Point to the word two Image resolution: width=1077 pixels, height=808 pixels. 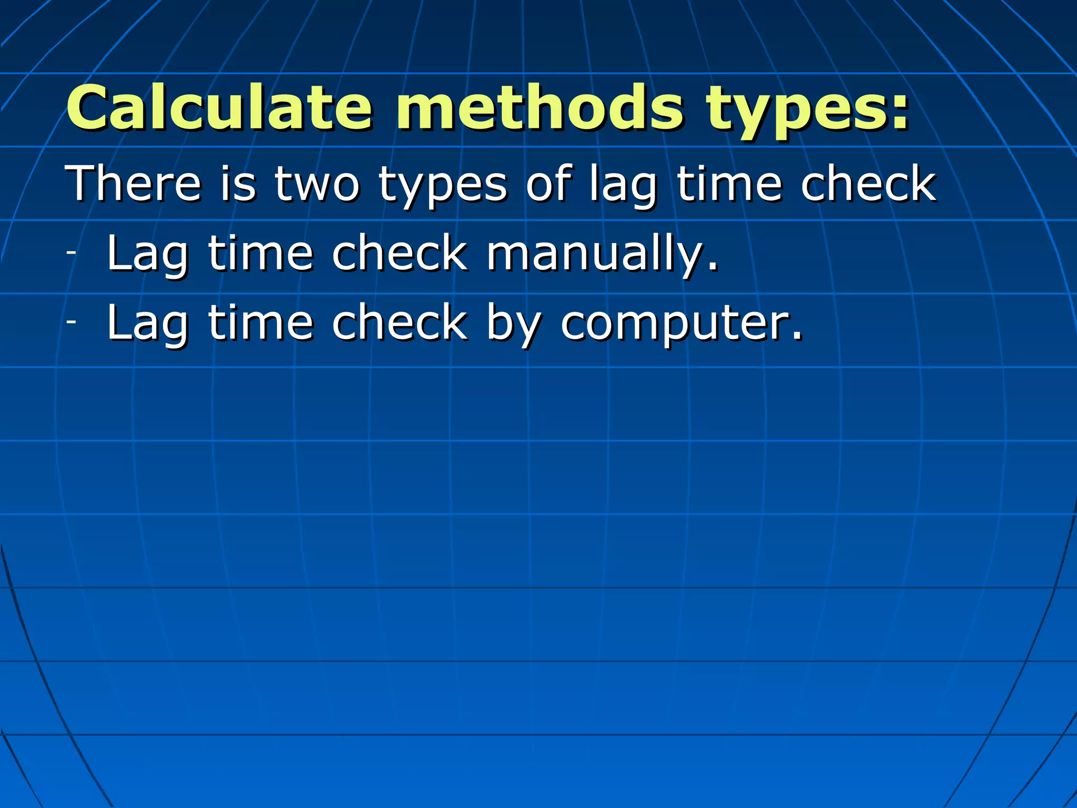(317, 184)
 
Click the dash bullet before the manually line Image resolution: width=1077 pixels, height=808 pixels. (72, 252)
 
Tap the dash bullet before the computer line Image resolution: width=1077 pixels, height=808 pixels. (72, 322)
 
